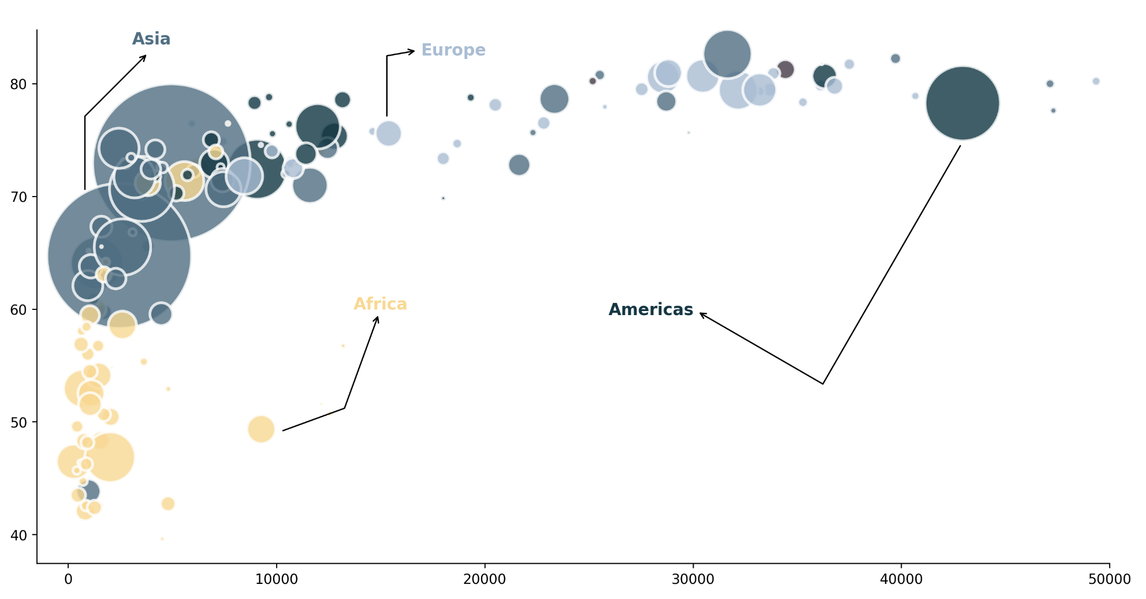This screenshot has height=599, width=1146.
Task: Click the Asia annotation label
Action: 151,39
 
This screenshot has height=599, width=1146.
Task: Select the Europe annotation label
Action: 453,50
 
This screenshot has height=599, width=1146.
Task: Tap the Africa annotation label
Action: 380,304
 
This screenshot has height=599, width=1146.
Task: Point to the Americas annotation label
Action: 650,310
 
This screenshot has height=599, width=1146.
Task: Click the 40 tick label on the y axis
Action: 18,535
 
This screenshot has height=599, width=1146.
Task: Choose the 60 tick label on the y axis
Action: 18,310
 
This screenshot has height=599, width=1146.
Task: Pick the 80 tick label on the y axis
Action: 18,84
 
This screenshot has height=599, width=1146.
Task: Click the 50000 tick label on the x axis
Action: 1109,579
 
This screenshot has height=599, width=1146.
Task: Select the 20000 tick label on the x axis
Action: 485,579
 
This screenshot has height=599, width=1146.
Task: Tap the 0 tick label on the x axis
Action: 68,579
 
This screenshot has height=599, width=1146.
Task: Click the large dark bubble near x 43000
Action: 962,103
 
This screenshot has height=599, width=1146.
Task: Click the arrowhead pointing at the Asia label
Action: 145,56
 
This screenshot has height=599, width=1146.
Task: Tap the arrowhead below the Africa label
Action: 378,317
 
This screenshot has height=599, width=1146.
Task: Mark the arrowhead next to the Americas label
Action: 701,313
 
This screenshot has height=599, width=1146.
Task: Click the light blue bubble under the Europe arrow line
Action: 389,134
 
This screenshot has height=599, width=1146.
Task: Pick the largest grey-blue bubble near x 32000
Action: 727,54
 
